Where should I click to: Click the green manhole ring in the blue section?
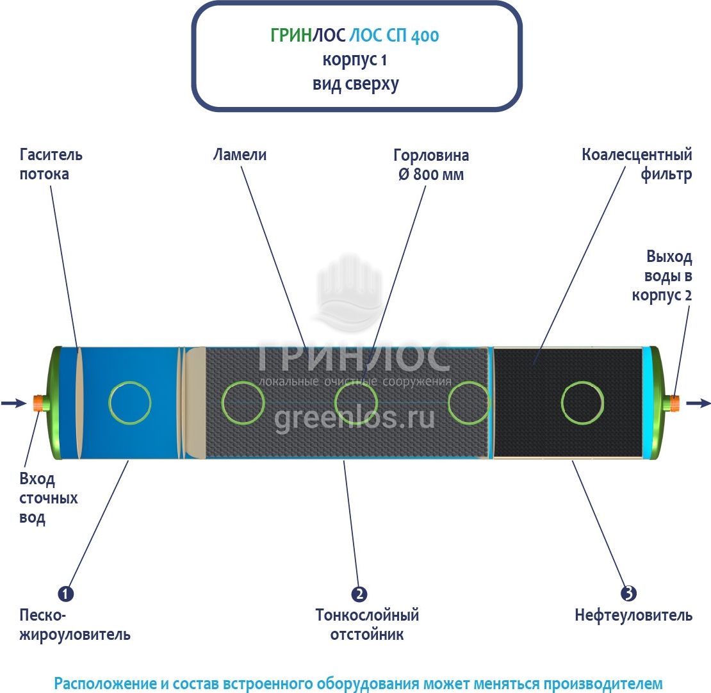point(130,403)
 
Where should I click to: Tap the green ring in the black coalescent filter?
point(582,403)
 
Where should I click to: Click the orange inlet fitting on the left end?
point(38,403)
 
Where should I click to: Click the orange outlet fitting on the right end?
point(674,403)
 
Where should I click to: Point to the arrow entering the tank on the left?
point(13,403)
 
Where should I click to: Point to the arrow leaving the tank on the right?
point(698,403)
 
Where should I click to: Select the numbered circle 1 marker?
point(66,594)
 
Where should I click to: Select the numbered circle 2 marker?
point(359,594)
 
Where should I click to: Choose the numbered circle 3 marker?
point(629,594)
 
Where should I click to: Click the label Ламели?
point(240,155)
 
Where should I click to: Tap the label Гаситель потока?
point(51,164)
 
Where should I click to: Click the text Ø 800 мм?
point(431,174)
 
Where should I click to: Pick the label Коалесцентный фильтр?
point(637,164)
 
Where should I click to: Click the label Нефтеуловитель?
point(633,616)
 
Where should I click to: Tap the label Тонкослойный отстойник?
point(367,624)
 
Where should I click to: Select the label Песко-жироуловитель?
point(75,624)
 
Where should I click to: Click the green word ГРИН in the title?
point(290,36)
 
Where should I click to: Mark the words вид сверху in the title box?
point(355,84)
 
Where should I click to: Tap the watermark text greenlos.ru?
point(355,418)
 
